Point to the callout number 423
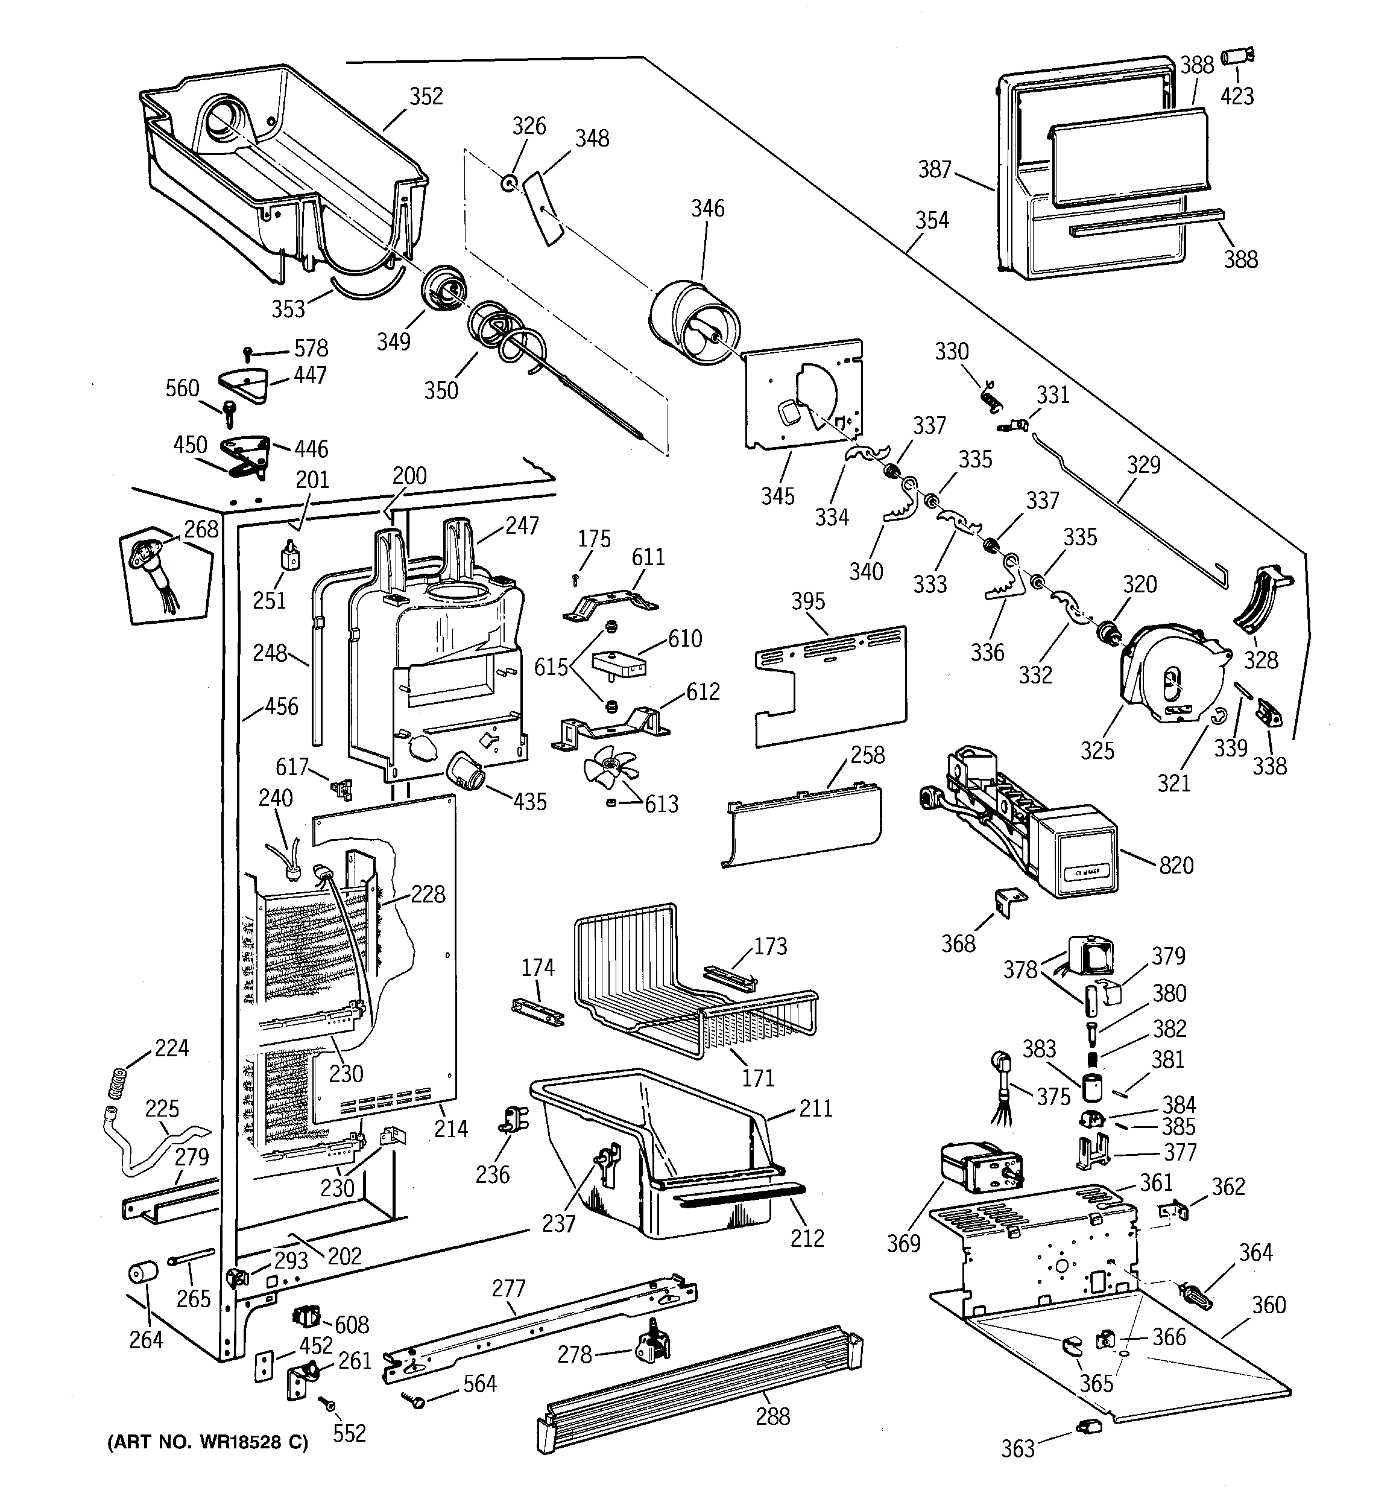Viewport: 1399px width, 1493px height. [x=1237, y=96]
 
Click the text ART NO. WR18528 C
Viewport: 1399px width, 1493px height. [x=208, y=1442]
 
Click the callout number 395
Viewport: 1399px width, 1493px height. [x=808, y=601]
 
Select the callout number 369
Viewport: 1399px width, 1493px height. [x=903, y=1244]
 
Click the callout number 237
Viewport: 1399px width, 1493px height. [x=559, y=1223]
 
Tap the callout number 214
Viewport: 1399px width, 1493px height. [x=450, y=1129]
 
